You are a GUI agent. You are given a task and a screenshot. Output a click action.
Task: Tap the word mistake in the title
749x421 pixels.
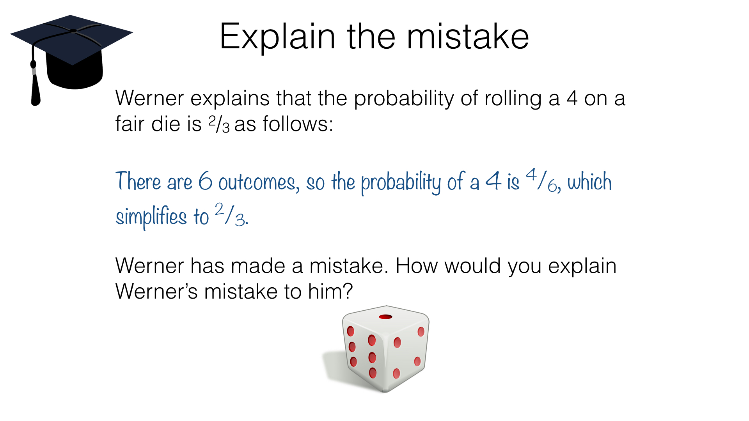coord(468,37)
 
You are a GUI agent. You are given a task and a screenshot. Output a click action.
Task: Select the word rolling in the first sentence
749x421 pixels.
coord(513,98)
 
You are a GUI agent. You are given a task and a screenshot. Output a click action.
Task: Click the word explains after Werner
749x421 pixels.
coord(230,98)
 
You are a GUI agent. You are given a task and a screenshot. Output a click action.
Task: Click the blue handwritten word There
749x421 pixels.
coord(138,181)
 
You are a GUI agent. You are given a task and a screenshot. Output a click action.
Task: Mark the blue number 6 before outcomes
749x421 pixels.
coord(205,181)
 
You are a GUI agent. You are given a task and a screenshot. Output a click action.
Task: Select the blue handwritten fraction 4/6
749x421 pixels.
coord(541,180)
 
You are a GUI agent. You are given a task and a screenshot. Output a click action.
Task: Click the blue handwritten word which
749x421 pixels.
coord(589,181)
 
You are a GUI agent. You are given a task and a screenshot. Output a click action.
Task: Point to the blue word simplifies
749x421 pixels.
coord(151,217)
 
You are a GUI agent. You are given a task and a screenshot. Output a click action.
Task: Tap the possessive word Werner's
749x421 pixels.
coord(156,291)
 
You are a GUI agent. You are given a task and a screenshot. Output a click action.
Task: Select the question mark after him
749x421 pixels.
coord(348,291)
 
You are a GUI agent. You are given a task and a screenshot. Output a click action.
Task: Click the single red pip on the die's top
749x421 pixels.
coord(385,317)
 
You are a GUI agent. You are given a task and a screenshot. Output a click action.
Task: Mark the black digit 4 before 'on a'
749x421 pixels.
coord(572,98)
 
